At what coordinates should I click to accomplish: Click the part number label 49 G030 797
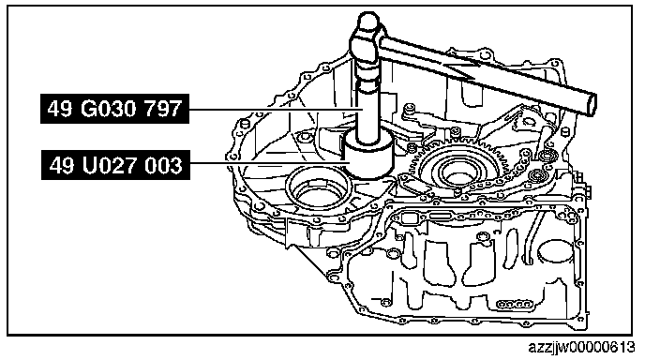coord(114,109)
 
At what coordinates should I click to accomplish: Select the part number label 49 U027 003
coord(115,165)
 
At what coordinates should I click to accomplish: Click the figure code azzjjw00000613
coord(581,348)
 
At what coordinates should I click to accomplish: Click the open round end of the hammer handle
coord(592,104)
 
